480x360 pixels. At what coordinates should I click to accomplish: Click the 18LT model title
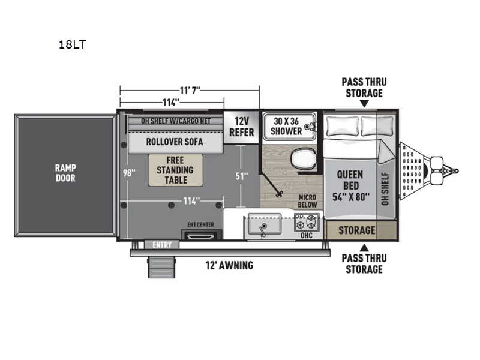73,44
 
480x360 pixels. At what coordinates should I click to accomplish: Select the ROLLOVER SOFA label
166,142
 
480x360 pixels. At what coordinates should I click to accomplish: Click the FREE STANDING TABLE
175,170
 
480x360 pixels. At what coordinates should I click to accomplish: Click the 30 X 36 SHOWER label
286,125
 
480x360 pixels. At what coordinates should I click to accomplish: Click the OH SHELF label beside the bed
385,188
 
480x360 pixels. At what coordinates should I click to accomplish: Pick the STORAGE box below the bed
356,230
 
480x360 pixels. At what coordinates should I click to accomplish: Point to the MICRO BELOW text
307,201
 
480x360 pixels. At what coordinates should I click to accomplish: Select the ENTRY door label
161,244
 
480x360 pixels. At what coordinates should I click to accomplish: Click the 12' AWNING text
228,265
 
